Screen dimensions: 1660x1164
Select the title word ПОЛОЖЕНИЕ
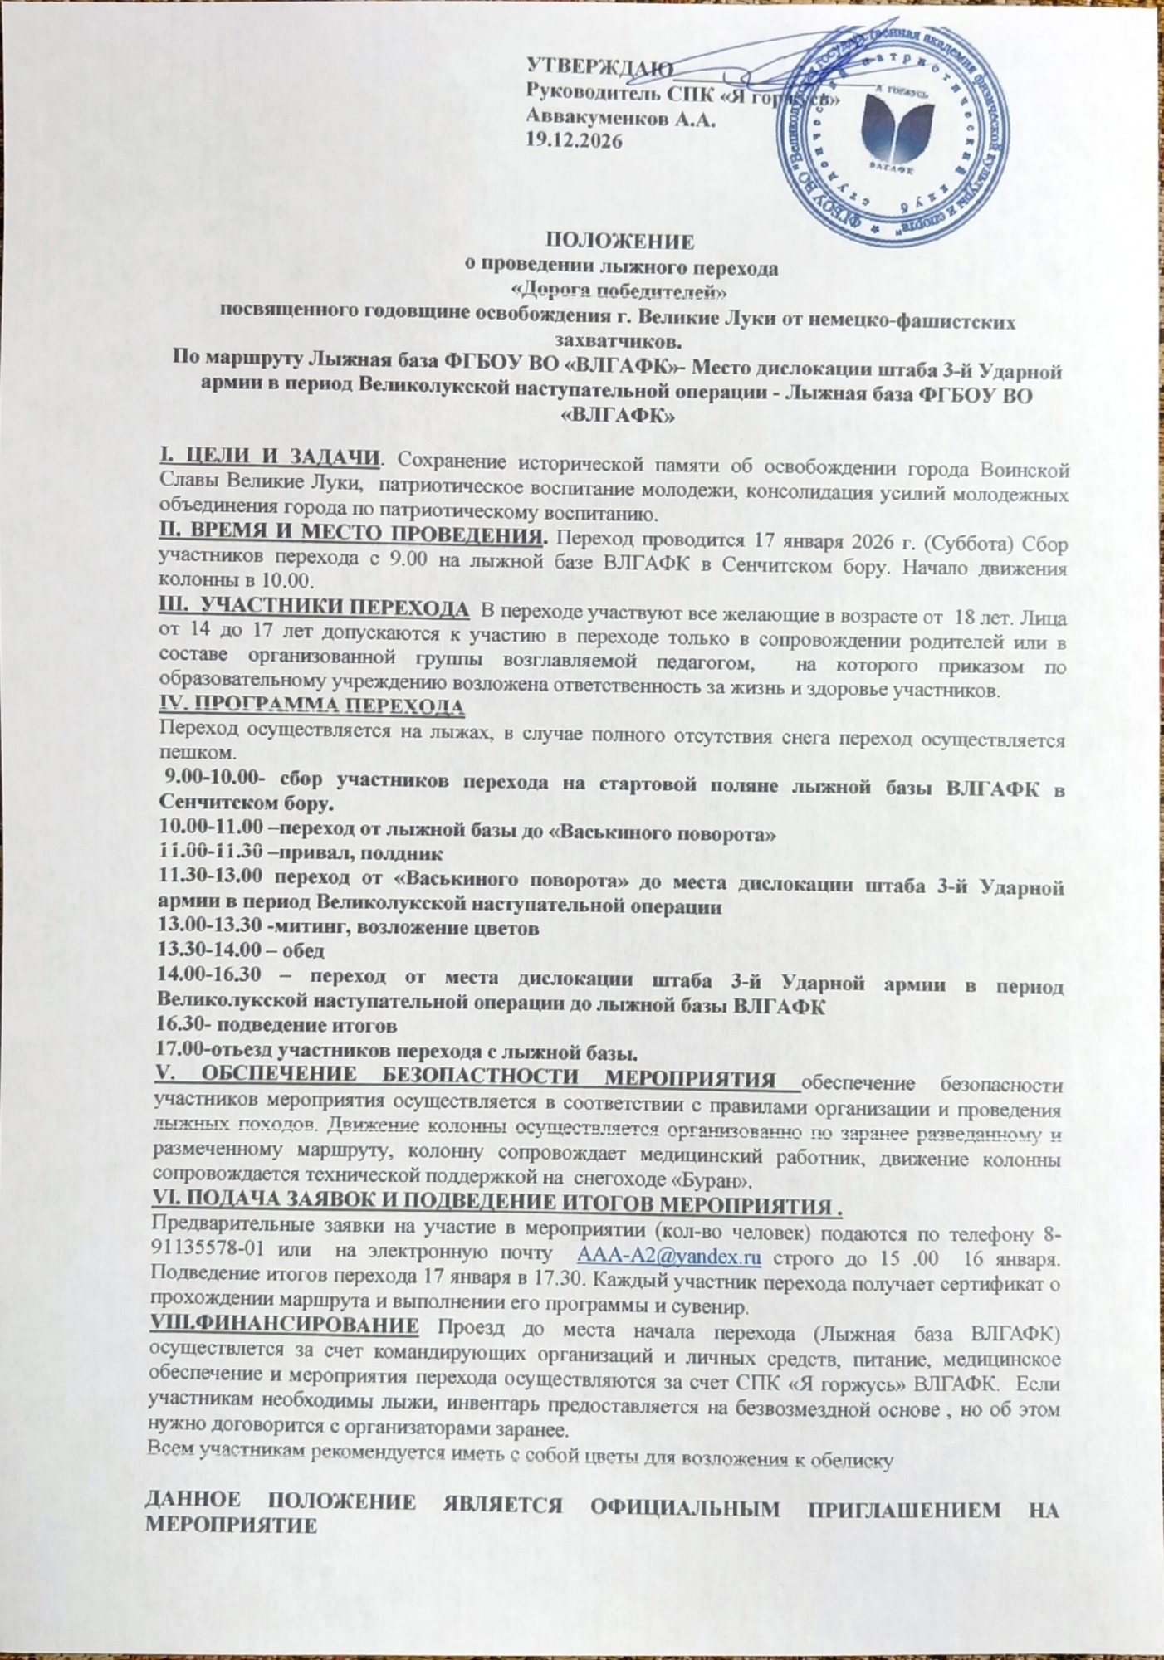point(618,244)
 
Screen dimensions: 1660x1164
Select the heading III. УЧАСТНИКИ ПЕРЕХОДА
point(313,610)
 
